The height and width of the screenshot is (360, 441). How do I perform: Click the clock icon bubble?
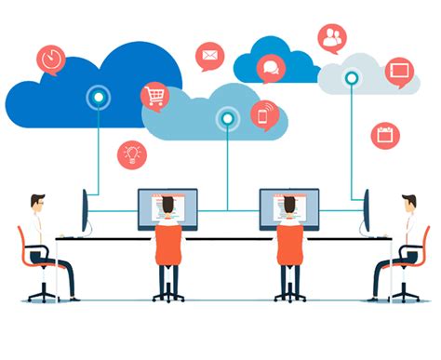click(x=51, y=60)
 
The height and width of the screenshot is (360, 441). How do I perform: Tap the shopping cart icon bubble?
click(x=154, y=95)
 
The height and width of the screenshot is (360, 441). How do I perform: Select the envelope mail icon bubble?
click(x=210, y=56)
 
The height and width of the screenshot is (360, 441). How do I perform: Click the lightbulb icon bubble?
click(x=132, y=153)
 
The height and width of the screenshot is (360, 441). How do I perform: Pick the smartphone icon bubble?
click(x=264, y=114)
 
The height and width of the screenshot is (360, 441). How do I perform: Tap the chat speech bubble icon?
click(x=271, y=67)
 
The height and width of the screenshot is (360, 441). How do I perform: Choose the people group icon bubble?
click(x=332, y=38)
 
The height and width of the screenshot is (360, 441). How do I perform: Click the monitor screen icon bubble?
click(x=400, y=71)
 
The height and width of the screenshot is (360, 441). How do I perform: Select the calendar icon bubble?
click(x=384, y=135)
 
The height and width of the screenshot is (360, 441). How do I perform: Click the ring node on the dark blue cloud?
click(x=97, y=97)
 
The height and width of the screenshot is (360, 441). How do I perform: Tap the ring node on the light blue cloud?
click(x=226, y=118)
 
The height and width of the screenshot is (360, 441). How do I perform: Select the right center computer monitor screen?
click(x=288, y=207)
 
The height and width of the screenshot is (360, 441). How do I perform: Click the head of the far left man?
click(x=37, y=203)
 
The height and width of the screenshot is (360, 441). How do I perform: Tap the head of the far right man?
click(x=409, y=203)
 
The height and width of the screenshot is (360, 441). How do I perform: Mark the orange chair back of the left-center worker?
click(x=168, y=244)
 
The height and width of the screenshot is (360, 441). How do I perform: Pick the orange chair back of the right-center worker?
click(x=289, y=244)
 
